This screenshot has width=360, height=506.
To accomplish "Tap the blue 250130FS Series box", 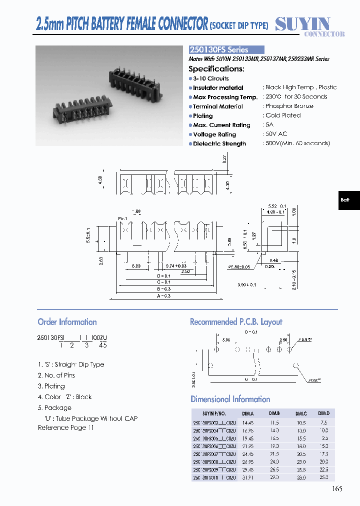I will [x=226, y=50].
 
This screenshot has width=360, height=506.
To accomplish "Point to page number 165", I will [x=337, y=488].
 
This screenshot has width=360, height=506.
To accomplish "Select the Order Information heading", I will [x=67, y=322].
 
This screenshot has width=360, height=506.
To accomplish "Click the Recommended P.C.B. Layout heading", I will [x=236, y=322].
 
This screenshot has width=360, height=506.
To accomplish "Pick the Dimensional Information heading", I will [x=230, y=399].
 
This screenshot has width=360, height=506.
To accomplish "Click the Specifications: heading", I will [x=216, y=69].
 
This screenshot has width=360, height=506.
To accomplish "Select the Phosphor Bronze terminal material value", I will [x=289, y=106].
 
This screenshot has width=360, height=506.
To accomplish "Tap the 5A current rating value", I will [x=269, y=124].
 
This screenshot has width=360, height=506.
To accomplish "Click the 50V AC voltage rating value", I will [x=276, y=134].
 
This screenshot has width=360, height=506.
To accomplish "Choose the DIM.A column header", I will [x=248, y=413].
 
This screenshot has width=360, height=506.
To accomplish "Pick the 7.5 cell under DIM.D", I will [x=324, y=422].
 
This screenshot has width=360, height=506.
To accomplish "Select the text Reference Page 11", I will [x=65, y=427].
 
